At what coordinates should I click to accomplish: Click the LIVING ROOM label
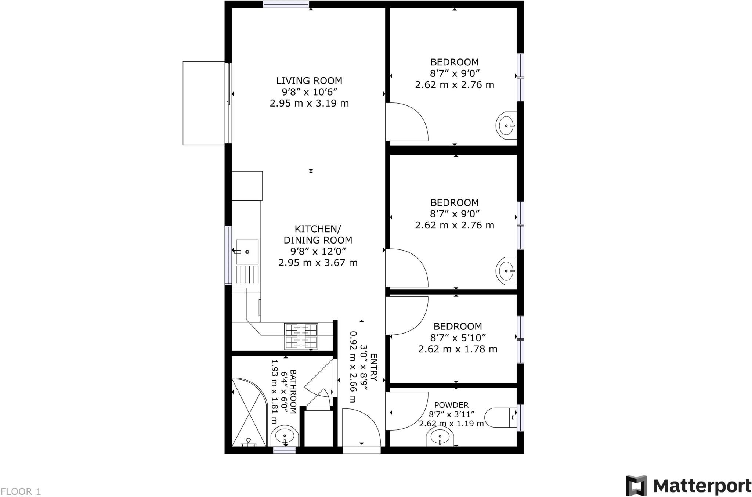pyautogui.click(x=309, y=80)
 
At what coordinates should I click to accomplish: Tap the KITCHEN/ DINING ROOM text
pyautogui.click(x=318, y=234)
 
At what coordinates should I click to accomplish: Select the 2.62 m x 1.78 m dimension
pyautogui.click(x=458, y=349)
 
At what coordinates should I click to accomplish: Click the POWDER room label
pyautogui.click(x=451, y=405)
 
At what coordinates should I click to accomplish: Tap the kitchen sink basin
pyautogui.click(x=247, y=252)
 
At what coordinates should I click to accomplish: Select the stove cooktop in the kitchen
pyautogui.click(x=301, y=336)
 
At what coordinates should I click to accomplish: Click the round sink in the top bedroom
pyautogui.click(x=506, y=126)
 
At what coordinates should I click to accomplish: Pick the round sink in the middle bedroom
pyautogui.click(x=506, y=271)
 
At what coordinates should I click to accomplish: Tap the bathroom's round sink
pyautogui.click(x=285, y=437)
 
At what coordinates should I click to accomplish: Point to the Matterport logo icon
pyautogui.click(x=636, y=486)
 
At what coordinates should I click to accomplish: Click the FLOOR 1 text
pyautogui.click(x=21, y=491)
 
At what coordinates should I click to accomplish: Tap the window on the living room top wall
pyautogui.click(x=286, y=4)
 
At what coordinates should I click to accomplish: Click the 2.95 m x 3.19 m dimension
pyautogui.click(x=309, y=103)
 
